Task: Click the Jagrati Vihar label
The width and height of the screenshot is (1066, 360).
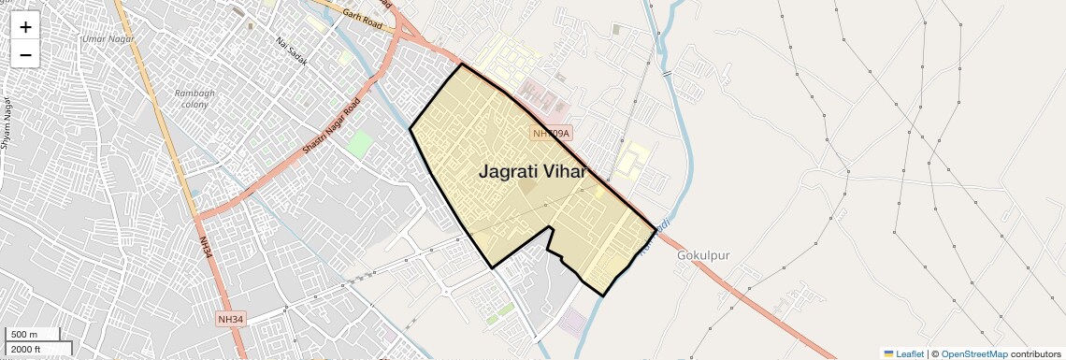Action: coord(533,172)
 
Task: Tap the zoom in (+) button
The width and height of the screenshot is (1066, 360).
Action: coord(25,26)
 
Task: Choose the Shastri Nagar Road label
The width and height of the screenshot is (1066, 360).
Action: coord(331,127)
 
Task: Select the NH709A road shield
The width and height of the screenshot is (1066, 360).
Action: coord(551,134)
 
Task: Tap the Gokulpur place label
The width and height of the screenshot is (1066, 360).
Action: coord(702,254)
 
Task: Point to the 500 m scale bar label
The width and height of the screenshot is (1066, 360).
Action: coord(24,335)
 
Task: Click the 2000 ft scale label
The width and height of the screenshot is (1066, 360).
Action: coord(27,349)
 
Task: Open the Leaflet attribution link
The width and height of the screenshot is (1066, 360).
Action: coord(903,353)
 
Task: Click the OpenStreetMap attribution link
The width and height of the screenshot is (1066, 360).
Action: coord(973,353)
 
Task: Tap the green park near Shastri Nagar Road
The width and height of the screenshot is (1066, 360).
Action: coord(359,144)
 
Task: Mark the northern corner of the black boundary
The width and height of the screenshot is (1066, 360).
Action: coord(461,65)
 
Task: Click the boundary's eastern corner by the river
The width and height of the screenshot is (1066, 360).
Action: coord(655,228)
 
